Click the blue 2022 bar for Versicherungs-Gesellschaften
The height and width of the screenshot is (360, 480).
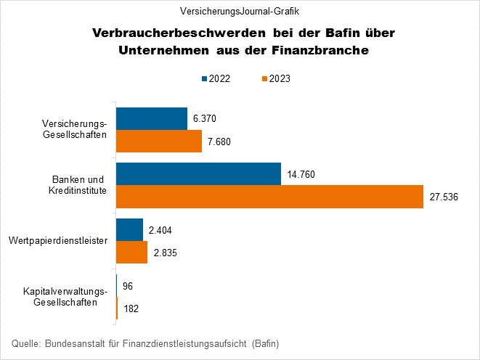point(151,118)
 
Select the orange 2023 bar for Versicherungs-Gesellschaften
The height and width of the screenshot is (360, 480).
point(158,141)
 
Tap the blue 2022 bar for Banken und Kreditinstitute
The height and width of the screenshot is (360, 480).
point(198,174)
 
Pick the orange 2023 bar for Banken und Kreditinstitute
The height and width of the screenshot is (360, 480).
point(269,197)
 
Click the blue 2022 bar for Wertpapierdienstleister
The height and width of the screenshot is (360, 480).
point(129,230)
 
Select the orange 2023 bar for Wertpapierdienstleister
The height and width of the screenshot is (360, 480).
point(131,253)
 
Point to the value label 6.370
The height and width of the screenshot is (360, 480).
point(205,118)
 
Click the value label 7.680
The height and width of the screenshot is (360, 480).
point(219,141)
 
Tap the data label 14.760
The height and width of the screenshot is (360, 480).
point(301,174)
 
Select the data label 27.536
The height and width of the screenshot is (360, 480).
point(444,197)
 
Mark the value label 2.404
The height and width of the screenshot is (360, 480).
point(160,230)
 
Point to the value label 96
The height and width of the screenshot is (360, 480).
point(129,286)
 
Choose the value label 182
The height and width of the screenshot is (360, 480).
point(131,308)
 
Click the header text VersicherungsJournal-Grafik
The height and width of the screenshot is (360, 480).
point(240,11)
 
